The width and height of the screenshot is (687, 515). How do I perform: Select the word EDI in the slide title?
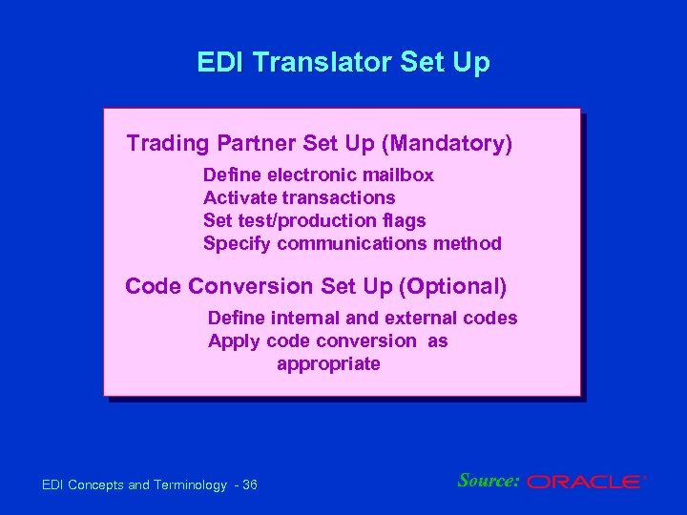coord(219,63)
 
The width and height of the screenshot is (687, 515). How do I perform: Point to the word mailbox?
coord(398,175)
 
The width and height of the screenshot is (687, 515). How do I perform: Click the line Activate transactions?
coord(299,198)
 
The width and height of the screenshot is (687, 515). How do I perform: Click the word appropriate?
coord(328,364)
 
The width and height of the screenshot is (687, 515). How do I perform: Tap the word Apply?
coord(235,341)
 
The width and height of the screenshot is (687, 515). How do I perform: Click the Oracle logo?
coord(585,483)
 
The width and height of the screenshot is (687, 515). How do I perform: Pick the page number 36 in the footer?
coord(250,486)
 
